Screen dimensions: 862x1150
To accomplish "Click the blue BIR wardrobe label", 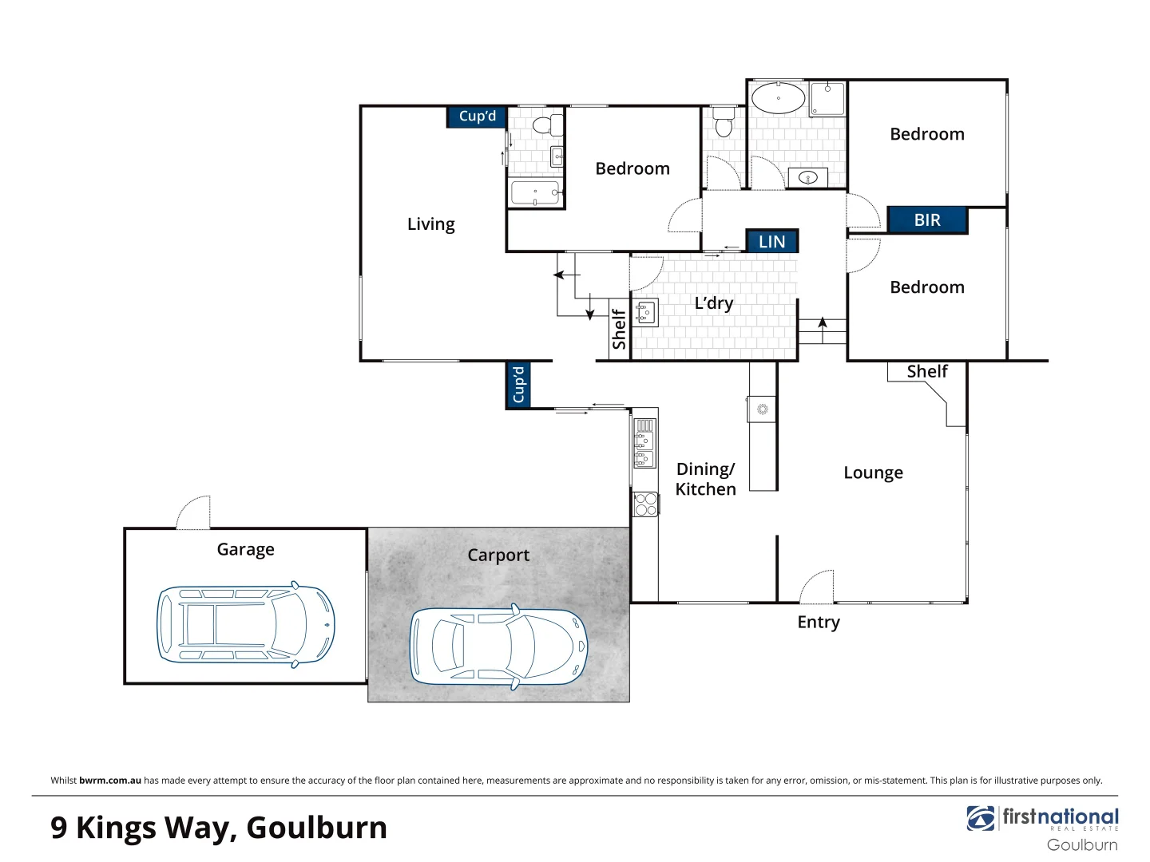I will point(927,220).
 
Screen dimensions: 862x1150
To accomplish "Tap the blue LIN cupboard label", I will point(771,242).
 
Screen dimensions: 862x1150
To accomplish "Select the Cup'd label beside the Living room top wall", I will point(477,117).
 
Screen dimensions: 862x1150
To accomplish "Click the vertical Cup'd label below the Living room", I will point(518,385).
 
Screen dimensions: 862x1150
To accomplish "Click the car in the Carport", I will point(498,646).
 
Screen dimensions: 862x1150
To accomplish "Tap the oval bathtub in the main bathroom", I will point(778,98).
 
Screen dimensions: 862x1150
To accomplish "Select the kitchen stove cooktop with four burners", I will point(645,504).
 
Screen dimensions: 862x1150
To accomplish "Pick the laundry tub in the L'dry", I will point(645,313).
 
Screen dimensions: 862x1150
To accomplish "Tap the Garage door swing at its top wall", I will point(194,512).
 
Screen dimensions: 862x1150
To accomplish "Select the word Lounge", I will point(873,473).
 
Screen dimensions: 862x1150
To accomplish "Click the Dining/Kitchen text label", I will point(705,479).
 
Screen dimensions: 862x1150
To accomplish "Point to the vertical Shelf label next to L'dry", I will point(619,329).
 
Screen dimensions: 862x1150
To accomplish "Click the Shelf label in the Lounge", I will point(926,371).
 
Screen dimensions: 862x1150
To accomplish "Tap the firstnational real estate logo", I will point(1043,820).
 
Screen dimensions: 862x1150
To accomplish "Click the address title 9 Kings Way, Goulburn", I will point(219,828).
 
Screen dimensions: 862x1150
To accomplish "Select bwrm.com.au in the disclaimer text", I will point(110,781).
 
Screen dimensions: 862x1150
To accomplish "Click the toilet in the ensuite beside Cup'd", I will point(545,125).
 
